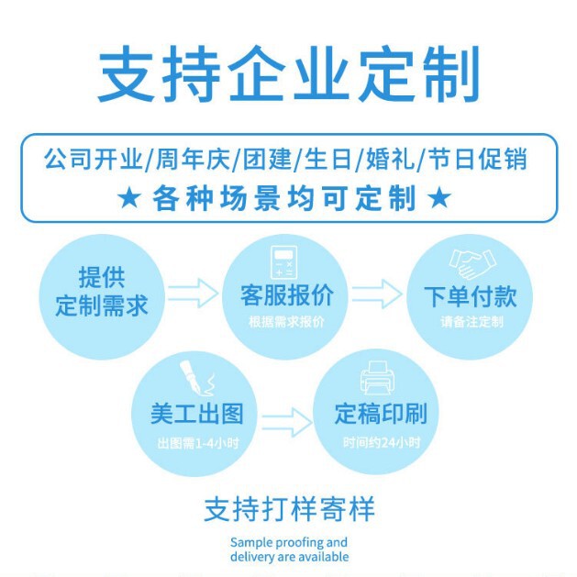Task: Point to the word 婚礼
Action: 387,160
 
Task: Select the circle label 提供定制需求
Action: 101,291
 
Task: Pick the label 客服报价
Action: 286,296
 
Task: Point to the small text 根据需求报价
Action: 286,322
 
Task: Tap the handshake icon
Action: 469,266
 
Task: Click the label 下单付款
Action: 470,296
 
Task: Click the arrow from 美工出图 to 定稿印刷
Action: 286,421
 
